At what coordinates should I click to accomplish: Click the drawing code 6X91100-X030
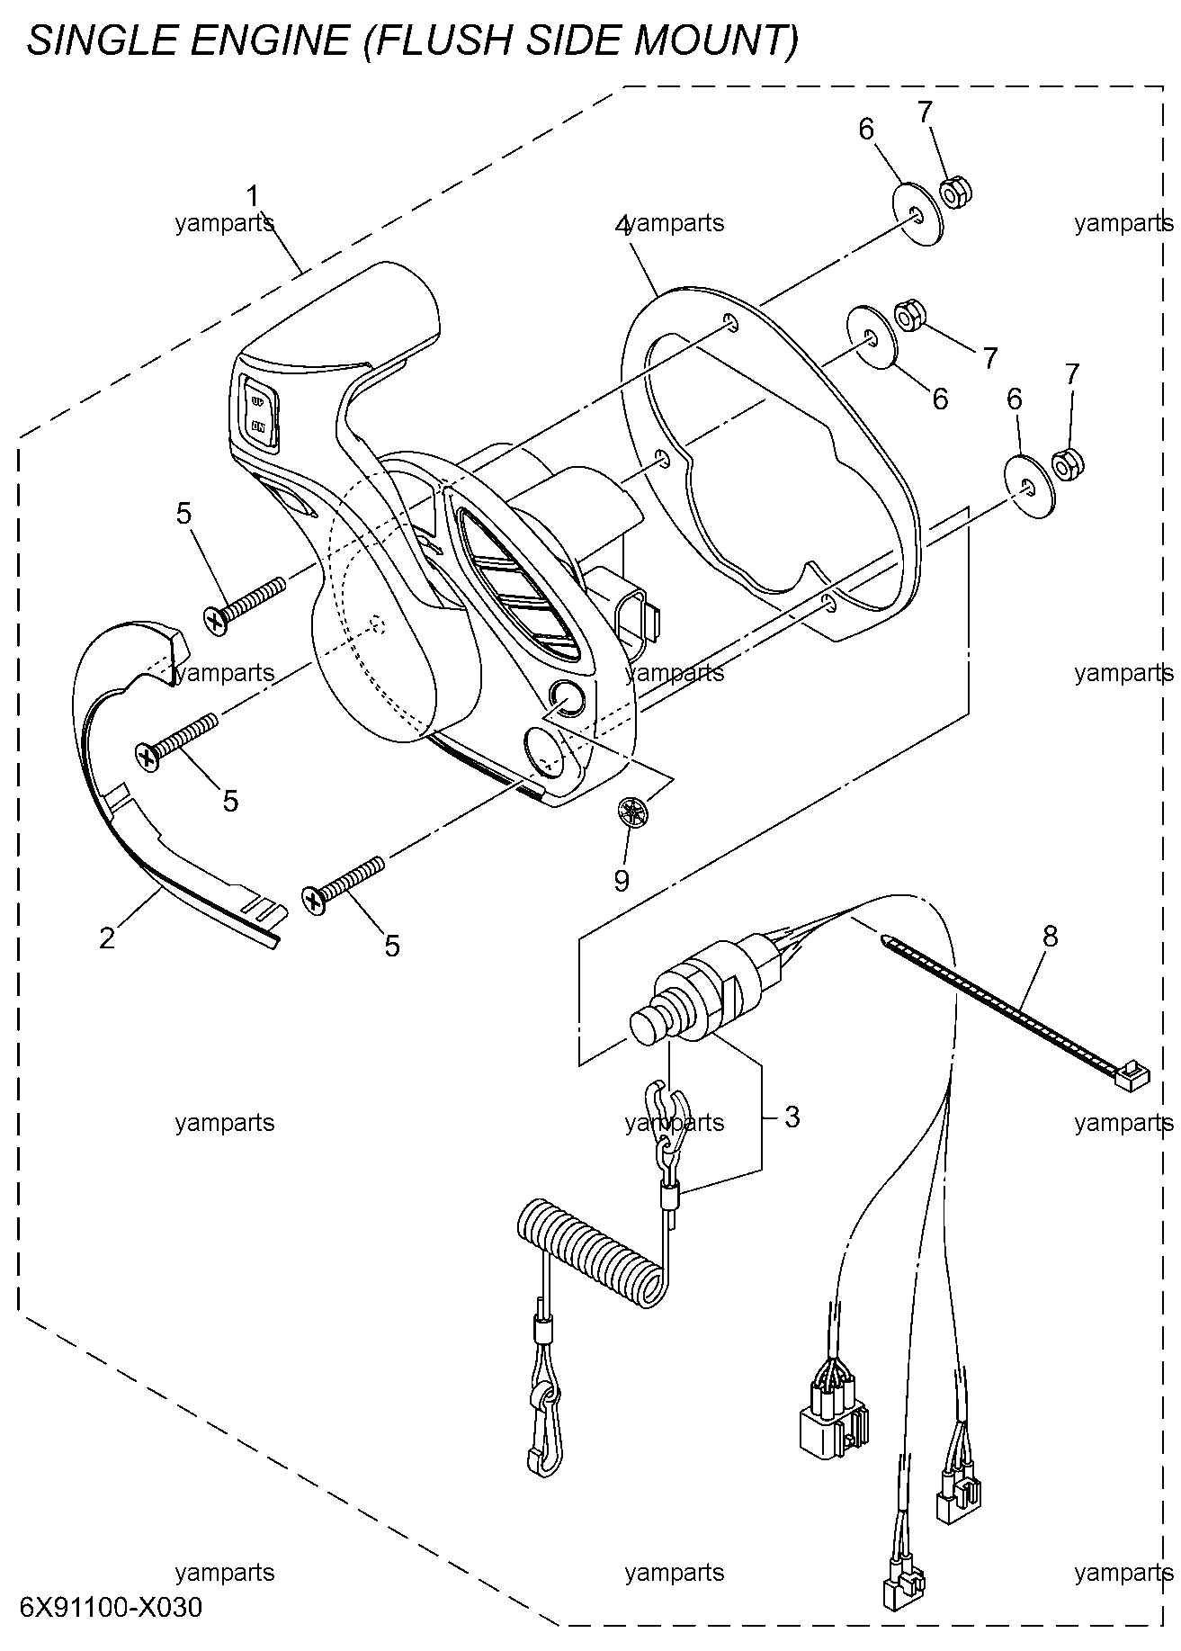tap(111, 1606)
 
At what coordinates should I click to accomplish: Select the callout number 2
tap(108, 938)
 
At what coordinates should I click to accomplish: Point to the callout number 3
tap(792, 1117)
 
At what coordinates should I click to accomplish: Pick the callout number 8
tap(1051, 937)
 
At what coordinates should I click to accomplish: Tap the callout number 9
tap(622, 880)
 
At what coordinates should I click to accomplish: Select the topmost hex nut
tap(954, 193)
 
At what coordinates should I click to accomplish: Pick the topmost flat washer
tap(917, 214)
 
